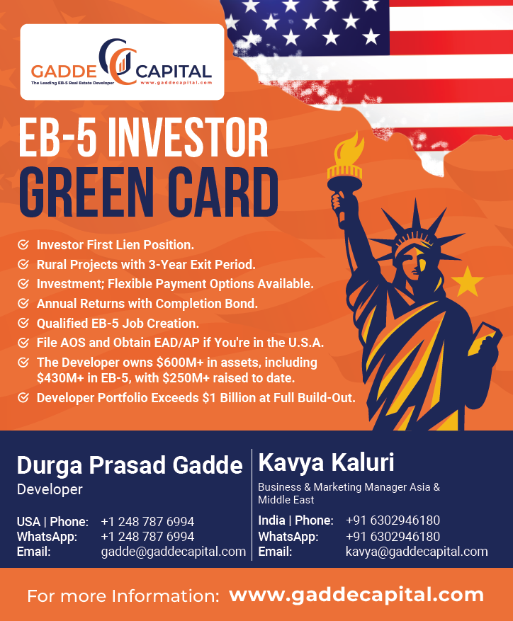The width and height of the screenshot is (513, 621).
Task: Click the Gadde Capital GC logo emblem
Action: tap(118, 62)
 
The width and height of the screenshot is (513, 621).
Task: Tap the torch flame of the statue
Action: tap(349, 149)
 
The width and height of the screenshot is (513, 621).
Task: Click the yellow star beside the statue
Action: tap(468, 282)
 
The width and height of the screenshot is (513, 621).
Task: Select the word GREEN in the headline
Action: tap(86, 193)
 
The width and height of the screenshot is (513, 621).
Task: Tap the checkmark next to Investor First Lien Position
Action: tap(23, 244)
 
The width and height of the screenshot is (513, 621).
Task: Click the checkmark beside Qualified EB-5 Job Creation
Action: tap(23, 323)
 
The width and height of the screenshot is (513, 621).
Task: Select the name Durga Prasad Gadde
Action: tap(130, 465)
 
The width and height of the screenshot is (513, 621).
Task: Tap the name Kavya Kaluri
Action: tap(326, 462)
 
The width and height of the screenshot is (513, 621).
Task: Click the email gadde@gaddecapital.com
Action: tap(174, 552)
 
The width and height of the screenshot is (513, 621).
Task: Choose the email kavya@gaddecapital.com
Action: tap(417, 552)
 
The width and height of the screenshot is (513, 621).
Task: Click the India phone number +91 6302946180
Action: tap(393, 520)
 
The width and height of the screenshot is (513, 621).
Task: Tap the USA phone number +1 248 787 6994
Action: tap(147, 522)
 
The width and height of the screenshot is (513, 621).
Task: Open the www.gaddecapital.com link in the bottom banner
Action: tap(356, 596)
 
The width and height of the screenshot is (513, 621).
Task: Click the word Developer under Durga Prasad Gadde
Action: tap(50, 489)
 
